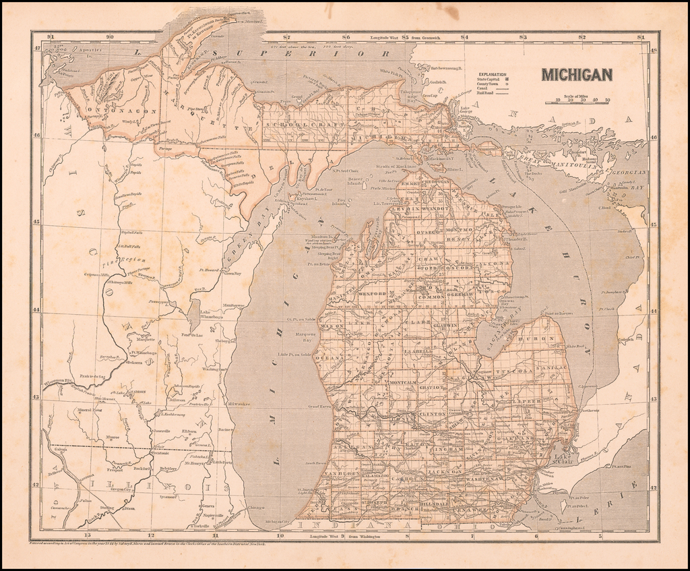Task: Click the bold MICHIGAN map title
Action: coord(577,74)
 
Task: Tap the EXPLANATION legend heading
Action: coord(491,75)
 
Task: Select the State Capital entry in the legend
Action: coord(489,81)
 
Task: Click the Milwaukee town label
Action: coord(239,404)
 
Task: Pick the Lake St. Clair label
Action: coord(562,458)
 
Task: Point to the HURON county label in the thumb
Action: coord(544,339)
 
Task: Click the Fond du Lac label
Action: coord(192,335)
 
